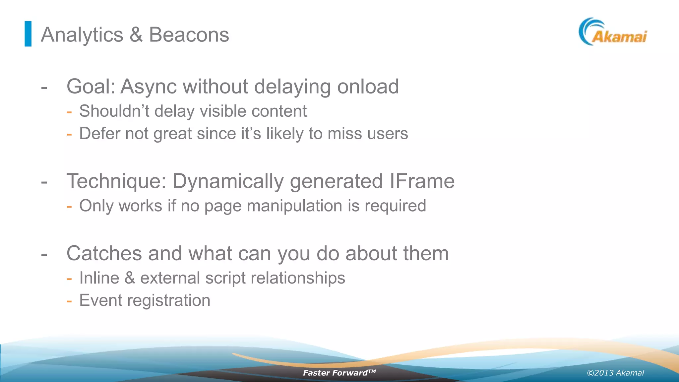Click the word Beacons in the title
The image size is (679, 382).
[189, 34]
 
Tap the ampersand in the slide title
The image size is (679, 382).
[136, 35]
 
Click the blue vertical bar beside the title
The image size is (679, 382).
[28, 34]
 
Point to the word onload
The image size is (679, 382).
[368, 87]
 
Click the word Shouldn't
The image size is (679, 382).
[114, 111]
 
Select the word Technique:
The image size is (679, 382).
[116, 181]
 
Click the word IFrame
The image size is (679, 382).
[422, 181]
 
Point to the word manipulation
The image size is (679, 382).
[294, 206]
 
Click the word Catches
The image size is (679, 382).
[104, 254]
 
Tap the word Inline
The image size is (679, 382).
[99, 278]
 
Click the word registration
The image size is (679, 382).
[168, 301]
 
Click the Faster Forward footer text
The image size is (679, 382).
[339, 373]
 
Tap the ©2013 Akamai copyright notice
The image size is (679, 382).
[615, 373]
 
